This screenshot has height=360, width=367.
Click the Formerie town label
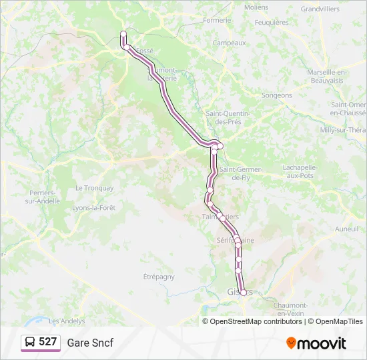tap(217, 20)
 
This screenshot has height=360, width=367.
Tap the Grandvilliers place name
tap(320, 9)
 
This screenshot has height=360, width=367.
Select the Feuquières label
tap(272, 22)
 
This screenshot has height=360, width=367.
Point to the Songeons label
tap(277, 95)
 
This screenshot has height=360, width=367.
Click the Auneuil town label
tap(347, 228)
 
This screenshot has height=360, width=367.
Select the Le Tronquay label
tap(94, 188)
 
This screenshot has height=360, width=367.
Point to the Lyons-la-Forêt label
tap(93, 208)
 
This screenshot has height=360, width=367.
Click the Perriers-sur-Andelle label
tap(41, 197)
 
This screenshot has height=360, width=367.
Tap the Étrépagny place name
tap(159, 276)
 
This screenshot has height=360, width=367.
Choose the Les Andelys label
tap(67, 321)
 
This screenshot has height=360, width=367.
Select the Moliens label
tap(256, 7)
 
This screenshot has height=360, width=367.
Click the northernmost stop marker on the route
tap(123, 34)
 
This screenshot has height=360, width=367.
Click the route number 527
tap(48, 342)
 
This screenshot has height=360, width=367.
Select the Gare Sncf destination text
tap(90, 343)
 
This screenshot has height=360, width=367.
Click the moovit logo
tap(316, 343)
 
